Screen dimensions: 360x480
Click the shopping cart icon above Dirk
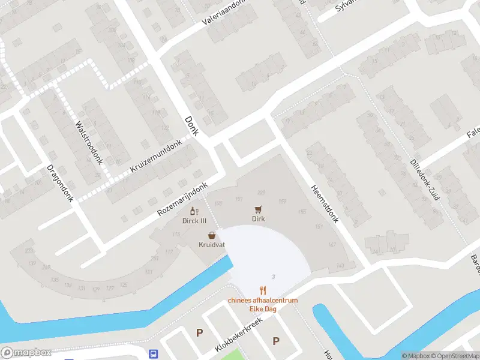[x=259, y=209]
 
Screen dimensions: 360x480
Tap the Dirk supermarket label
[x=259, y=219]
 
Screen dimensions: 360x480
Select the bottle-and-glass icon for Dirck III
[x=194, y=211]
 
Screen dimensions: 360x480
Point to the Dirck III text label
[x=194, y=220]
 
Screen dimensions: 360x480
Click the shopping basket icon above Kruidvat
[x=212, y=236]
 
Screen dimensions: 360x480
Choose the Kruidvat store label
[x=212, y=245]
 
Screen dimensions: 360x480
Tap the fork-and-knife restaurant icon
[x=262, y=290]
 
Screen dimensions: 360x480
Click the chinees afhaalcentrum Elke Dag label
[x=262, y=305]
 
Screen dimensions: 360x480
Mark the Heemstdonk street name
[x=325, y=203]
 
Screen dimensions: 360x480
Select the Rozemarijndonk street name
[x=182, y=200]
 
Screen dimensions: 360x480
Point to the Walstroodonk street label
[x=88, y=140]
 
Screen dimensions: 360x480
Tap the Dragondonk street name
[x=60, y=183]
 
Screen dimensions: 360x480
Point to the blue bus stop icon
[x=154, y=353]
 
